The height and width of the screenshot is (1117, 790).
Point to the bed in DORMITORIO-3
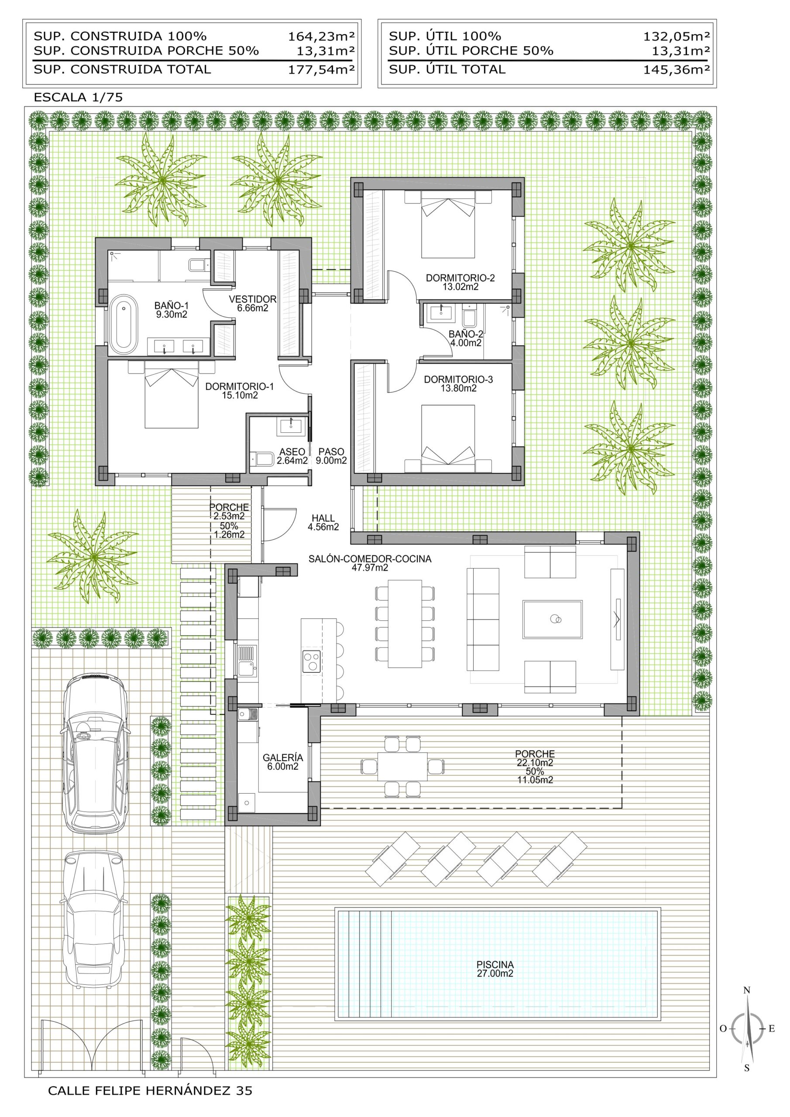click(448, 439)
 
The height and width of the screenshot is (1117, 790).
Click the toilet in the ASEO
click(261, 459)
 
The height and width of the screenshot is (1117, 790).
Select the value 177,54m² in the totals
click(321, 69)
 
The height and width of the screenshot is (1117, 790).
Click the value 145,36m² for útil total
click(677, 69)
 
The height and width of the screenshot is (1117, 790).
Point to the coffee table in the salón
click(553, 619)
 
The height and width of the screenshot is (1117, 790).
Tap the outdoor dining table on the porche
click(402, 767)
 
